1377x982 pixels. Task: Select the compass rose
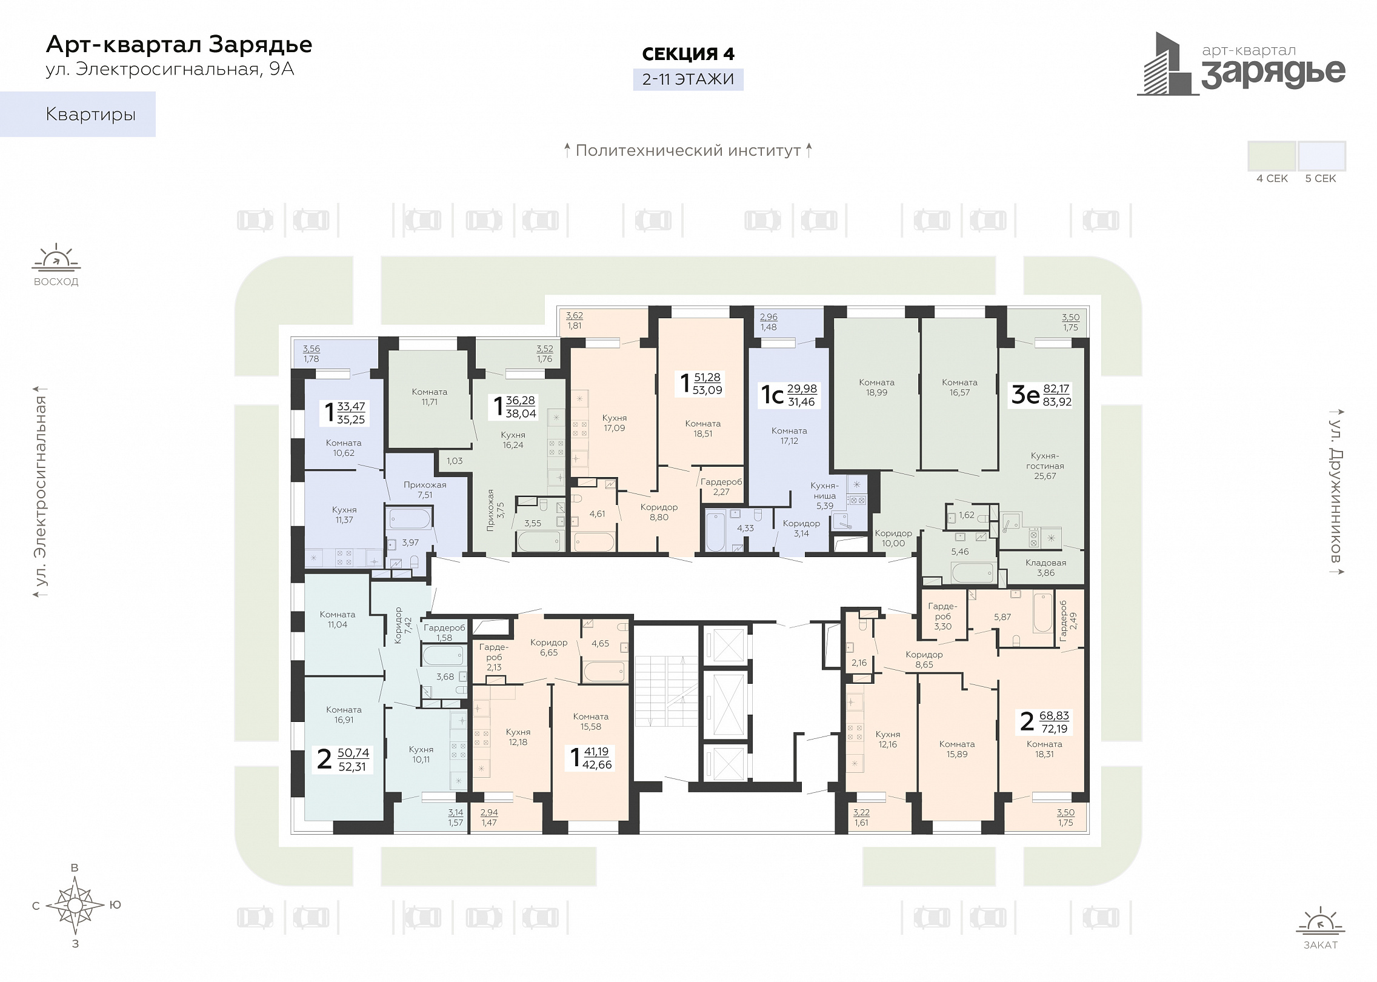[x=75, y=905]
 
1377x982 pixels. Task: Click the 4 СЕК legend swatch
[x=1272, y=156]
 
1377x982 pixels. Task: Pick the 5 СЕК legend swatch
[x=1321, y=156]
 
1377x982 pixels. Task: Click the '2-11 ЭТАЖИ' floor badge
[x=688, y=79]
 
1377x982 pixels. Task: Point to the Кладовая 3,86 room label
[x=1045, y=567]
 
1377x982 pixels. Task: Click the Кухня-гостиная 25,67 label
[x=1045, y=466]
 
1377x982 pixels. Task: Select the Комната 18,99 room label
[x=876, y=387]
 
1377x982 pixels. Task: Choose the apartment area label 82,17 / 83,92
[x=1057, y=395]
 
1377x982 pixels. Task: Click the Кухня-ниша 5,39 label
[x=825, y=495]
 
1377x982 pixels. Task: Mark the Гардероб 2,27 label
[x=721, y=487]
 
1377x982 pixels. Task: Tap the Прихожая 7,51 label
[x=425, y=490]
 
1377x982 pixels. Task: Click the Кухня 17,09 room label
[x=615, y=423]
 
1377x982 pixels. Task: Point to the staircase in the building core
[x=666, y=691]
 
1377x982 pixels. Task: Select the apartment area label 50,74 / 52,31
[x=353, y=760]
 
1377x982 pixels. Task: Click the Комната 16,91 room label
[x=344, y=715]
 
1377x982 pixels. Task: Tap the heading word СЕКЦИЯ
[x=679, y=54]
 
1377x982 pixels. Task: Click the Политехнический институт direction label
[x=688, y=150]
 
